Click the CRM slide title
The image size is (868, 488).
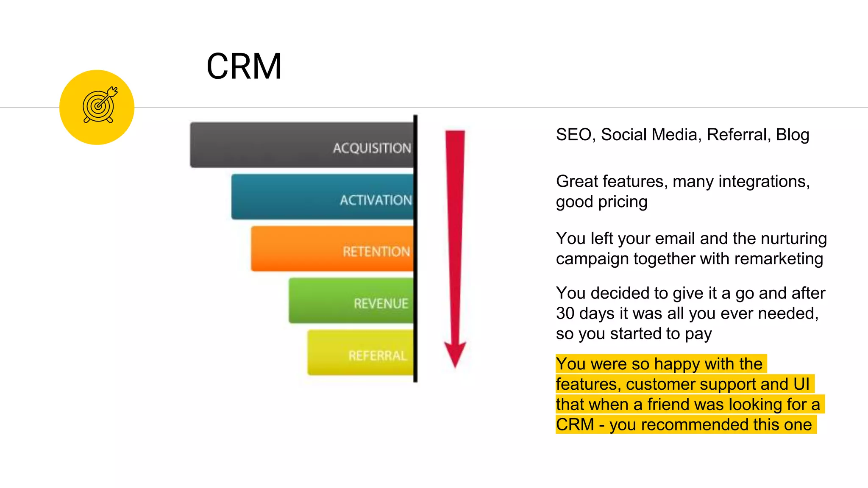244,67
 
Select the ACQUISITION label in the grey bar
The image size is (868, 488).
372,148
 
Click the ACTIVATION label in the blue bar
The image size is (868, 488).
376,200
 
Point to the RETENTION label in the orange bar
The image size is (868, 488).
376,252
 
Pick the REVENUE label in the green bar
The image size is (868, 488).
381,303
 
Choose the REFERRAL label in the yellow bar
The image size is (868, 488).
378,355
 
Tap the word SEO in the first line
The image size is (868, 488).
573,135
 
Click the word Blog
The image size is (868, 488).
792,135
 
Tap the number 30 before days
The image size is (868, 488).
565,313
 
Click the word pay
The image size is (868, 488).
698,334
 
